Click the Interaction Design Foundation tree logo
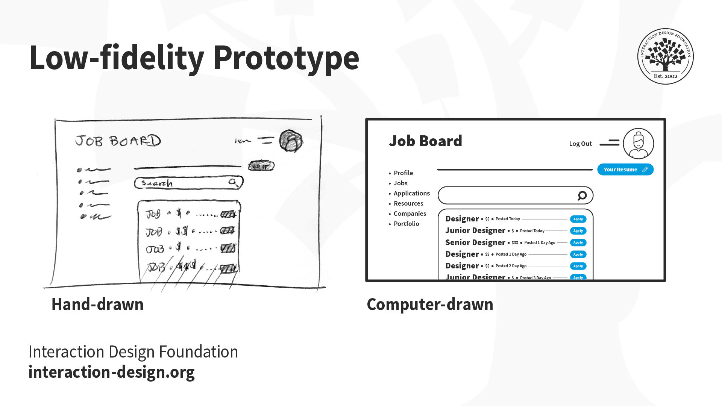665,56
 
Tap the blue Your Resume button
625,170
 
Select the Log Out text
580,144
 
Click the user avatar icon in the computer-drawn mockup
638,144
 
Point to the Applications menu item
411,193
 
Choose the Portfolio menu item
406,224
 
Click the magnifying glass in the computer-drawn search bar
582,195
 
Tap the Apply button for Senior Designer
578,242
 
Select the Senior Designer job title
475,242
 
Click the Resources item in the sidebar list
408,203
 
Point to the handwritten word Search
157,183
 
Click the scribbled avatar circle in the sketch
291,141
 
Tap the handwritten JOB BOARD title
118,141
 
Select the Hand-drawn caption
97,304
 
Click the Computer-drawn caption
430,304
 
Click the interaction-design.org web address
111,372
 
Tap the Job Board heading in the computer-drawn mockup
425,141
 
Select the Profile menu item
403,173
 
